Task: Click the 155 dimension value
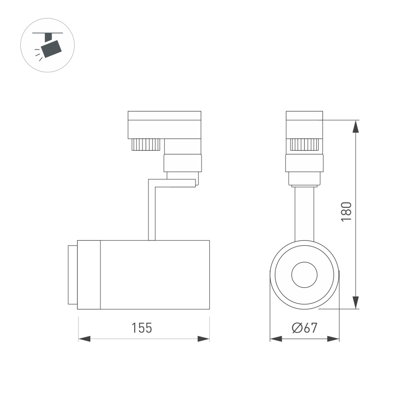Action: [x=142, y=328]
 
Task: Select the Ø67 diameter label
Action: [x=304, y=328]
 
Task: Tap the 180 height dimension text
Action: [x=347, y=211]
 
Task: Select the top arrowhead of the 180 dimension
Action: [x=356, y=126]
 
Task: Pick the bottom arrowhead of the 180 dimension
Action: [x=356, y=302]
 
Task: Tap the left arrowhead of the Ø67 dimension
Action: [x=275, y=339]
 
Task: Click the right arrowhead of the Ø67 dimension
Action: [x=334, y=339]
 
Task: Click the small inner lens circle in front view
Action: [x=304, y=275]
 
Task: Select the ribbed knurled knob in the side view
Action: [x=145, y=144]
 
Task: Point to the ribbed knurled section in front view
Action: [x=304, y=144]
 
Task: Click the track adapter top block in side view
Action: [x=164, y=125]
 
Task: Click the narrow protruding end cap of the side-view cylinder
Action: [x=72, y=275]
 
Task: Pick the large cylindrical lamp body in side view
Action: [x=154, y=275]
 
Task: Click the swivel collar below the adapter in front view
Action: [x=304, y=163]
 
